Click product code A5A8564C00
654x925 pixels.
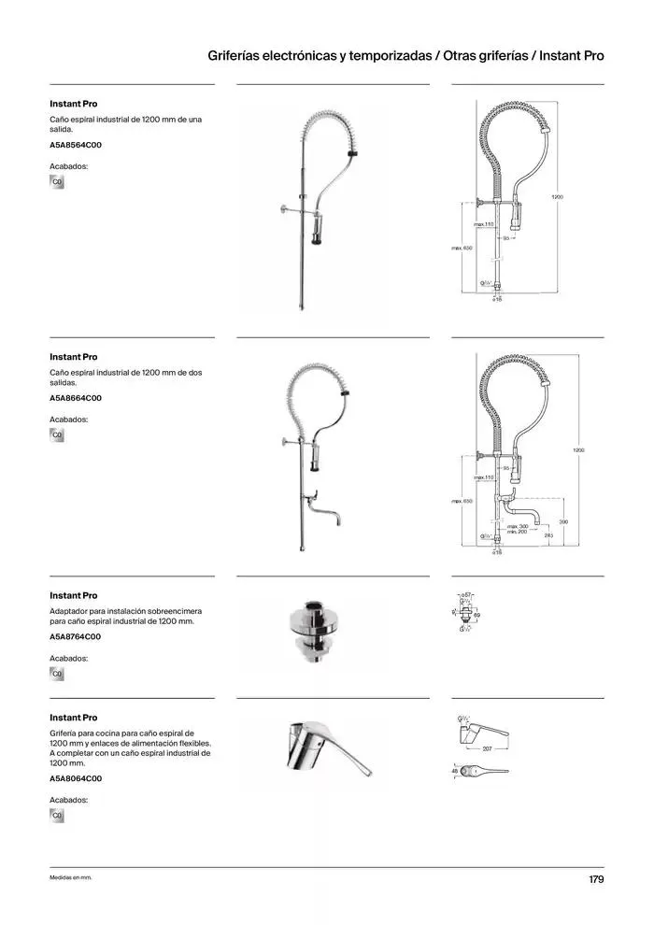[76, 145]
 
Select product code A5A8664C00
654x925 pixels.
[76, 398]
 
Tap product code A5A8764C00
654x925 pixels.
[76, 636]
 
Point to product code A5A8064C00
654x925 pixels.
[76, 778]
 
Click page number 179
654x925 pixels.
[596, 879]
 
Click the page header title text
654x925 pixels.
[405, 56]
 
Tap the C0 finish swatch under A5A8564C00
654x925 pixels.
[57, 181]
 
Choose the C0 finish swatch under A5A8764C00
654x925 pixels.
[57, 673]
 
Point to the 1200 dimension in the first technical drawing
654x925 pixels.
[557, 197]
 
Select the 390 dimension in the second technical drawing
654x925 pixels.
[563, 521]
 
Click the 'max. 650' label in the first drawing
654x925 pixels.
[462, 248]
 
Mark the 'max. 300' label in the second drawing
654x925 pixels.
[518, 527]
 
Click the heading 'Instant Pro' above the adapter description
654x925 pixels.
[73, 595]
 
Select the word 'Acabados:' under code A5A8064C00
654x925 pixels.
[68, 801]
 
